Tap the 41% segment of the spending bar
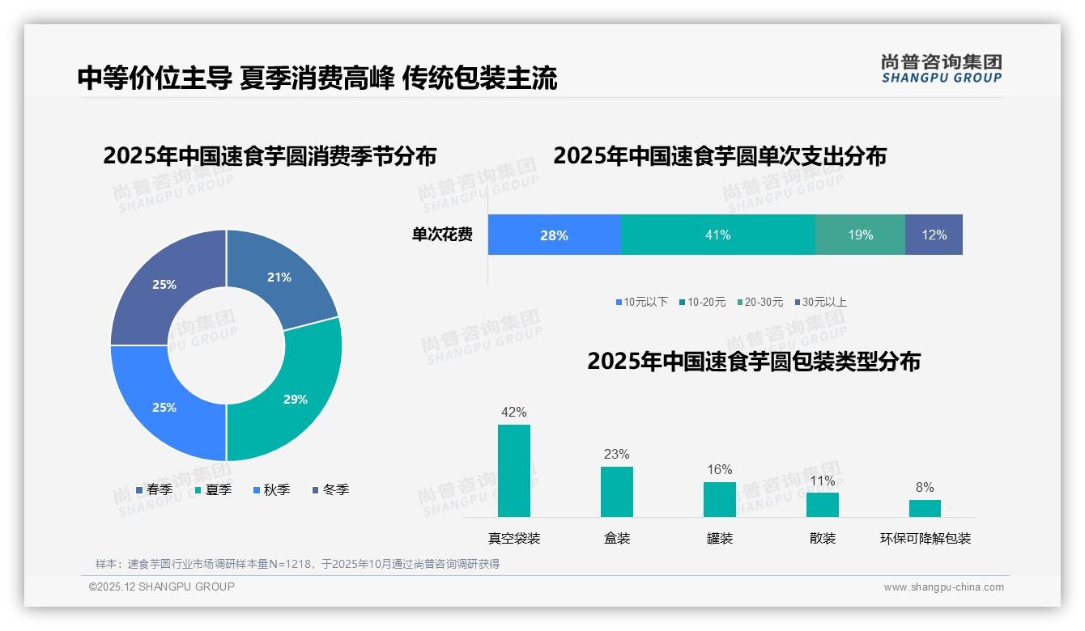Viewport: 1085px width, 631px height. [x=717, y=235]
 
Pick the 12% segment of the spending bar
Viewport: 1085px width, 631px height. [x=934, y=235]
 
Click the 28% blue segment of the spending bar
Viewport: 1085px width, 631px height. [x=554, y=235]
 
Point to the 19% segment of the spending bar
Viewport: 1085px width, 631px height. [x=860, y=235]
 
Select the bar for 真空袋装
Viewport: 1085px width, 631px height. [x=514, y=471]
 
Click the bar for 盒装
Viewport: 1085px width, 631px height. [x=617, y=492]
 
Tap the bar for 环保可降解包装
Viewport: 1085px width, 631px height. [x=925, y=508]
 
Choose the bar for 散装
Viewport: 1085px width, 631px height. [x=822, y=505]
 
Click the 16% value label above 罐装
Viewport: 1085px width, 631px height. [x=719, y=469]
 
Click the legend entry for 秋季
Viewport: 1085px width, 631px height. [x=271, y=489]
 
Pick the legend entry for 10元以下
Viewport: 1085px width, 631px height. [x=641, y=302]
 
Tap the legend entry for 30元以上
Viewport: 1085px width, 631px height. [x=819, y=302]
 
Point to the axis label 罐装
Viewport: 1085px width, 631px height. [x=719, y=538]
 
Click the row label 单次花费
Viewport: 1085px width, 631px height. [x=442, y=235]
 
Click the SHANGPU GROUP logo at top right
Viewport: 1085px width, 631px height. [x=941, y=69]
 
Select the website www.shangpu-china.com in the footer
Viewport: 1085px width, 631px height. [x=943, y=587]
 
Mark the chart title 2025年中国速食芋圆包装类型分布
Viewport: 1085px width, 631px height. [x=753, y=362]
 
